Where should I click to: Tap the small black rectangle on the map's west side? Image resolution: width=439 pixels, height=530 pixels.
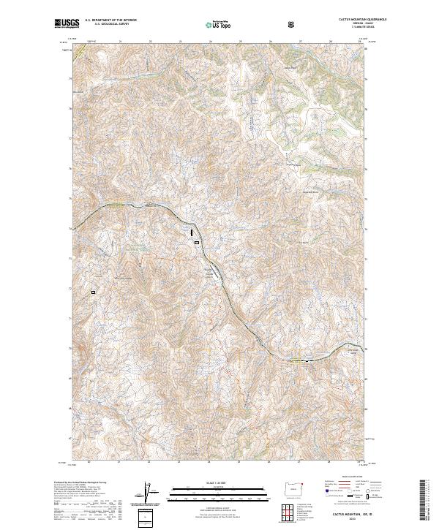click(94, 292)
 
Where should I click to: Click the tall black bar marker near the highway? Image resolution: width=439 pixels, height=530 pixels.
click(192, 232)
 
